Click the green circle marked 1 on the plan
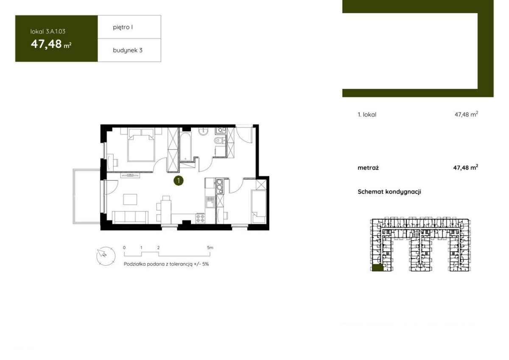pos(179,181)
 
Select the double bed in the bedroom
pos(141,145)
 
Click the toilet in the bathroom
pos(218,141)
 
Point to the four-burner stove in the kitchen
pos(200,218)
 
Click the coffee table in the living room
pos(130,199)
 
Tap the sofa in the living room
pos(130,217)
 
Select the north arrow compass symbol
pos(106,256)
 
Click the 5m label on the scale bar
pos(210,247)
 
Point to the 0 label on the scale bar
pos(124,247)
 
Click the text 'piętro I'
pos(123,27)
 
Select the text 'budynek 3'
pos(128,50)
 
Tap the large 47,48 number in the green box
pos(46,44)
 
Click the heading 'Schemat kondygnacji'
pos(389,192)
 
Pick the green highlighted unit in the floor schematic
pos(378,268)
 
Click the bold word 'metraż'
pos(368,168)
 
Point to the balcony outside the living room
pos(87,196)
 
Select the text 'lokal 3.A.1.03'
pos(48,31)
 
